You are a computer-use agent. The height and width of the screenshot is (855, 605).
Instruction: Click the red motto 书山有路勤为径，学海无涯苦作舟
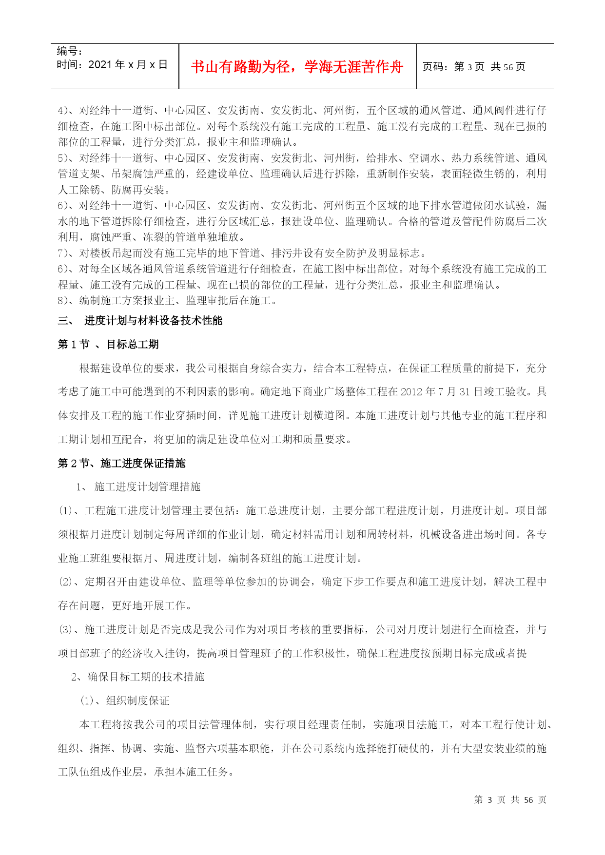click(297, 67)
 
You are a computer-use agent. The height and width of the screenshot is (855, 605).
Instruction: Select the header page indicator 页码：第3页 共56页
click(473, 67)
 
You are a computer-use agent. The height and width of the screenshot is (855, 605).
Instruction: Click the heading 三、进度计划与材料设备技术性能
click(140, 320)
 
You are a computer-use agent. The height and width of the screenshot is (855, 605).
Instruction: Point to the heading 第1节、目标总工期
click(108, 344)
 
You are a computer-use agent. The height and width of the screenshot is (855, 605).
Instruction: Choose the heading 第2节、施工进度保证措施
click(121, 463)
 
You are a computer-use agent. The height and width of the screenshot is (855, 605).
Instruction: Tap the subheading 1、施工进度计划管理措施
click(138, 486)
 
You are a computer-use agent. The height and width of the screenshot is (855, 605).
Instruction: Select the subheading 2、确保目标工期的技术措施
click(138, 677)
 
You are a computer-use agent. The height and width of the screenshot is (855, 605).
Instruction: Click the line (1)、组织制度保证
click(124, 700)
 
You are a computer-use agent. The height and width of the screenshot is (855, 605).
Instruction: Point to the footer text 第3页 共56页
click(510, 799)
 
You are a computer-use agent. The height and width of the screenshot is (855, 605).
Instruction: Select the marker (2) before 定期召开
click(65, 582)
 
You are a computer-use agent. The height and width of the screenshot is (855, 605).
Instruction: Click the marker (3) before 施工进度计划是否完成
click(65, 629)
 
